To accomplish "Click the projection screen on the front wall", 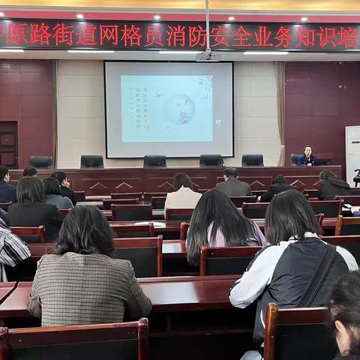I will (x=169, y=109).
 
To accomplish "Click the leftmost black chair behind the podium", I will (x=41, y=162).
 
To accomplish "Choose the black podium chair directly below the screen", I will (x=154, y=161).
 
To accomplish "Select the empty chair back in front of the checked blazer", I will (x=75, y=341).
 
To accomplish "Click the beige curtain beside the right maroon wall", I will (x=280, y=112).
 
